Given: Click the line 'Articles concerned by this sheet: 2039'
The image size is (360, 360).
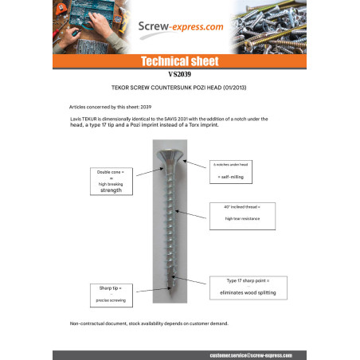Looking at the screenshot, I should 109,105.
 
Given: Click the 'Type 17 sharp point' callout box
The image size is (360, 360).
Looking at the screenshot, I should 246,288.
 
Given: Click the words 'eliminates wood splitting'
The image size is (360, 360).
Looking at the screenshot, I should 246,293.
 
